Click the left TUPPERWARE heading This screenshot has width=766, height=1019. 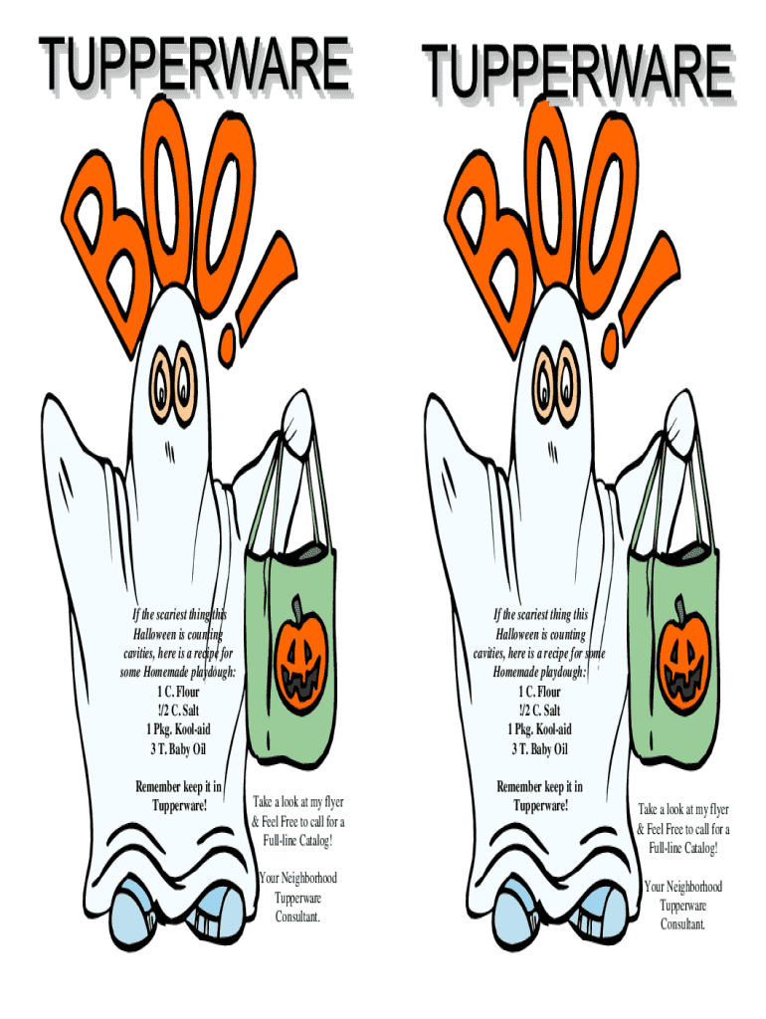(x=194, y=64)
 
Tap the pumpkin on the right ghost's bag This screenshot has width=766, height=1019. (x=681, y=657)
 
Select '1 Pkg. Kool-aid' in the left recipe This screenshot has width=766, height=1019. (x=178, y=729)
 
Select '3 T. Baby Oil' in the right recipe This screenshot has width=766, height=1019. (x=539, y=749)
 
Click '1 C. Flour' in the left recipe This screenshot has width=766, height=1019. (x=178, y=692)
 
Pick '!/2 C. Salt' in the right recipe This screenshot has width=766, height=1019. (x=539, y=711)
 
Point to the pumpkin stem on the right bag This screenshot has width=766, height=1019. (x=680, y=606)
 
